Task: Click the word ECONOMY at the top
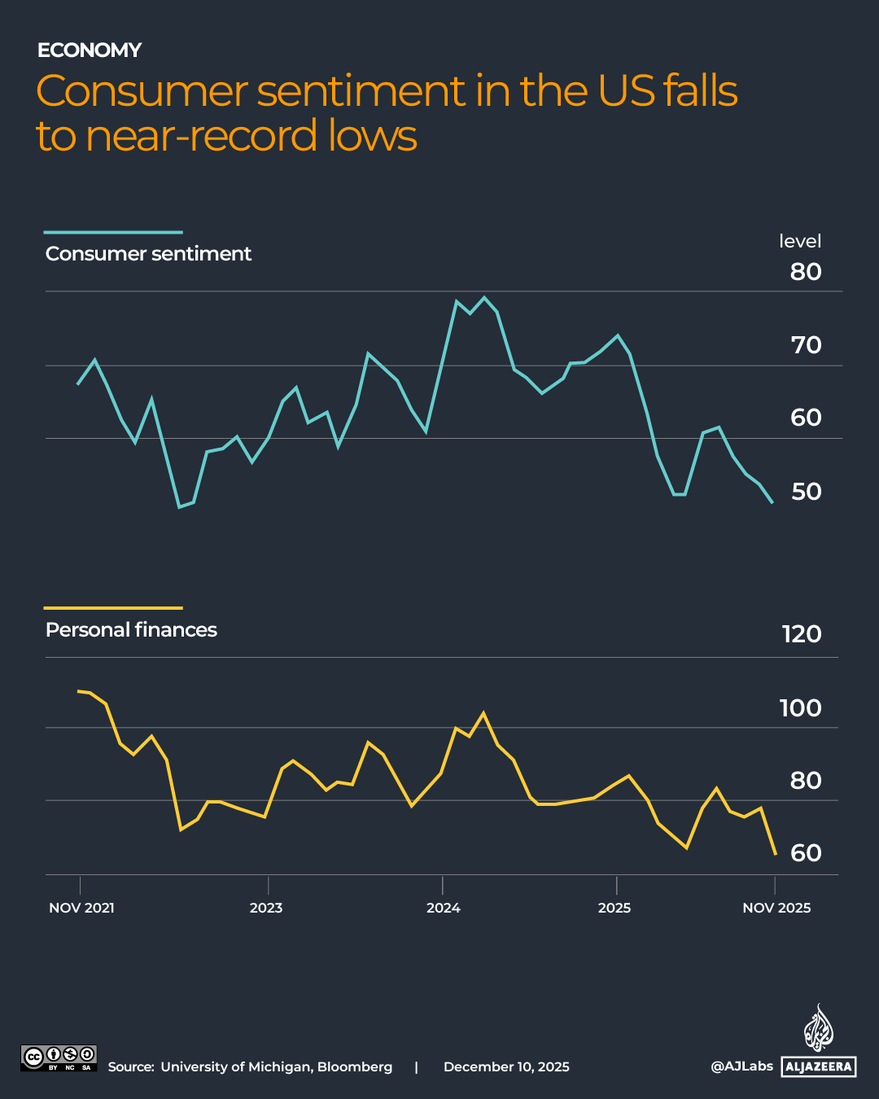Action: (90, 50)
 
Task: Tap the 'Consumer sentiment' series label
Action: (148, 254)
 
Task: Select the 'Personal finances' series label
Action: (131, 630)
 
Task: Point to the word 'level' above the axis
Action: (799, 242)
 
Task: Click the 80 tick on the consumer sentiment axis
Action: (805, 272)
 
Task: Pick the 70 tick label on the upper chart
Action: (806, 345)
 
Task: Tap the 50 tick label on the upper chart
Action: (806, 492)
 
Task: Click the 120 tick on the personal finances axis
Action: (801, 634)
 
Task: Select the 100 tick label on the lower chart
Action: (800, 708)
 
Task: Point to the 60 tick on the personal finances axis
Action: (806, 853)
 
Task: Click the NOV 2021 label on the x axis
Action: (81, 909)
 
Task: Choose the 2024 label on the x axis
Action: (443, 909)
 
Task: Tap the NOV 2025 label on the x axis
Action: (776, 909)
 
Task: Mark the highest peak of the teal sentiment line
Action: (484, 298)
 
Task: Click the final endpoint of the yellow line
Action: (776, 854)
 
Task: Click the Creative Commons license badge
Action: (59, 1058)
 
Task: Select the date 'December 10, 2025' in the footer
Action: (506, 1067)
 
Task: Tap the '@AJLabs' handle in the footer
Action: (741, 1066)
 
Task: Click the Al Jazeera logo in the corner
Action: (819, 1042)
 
